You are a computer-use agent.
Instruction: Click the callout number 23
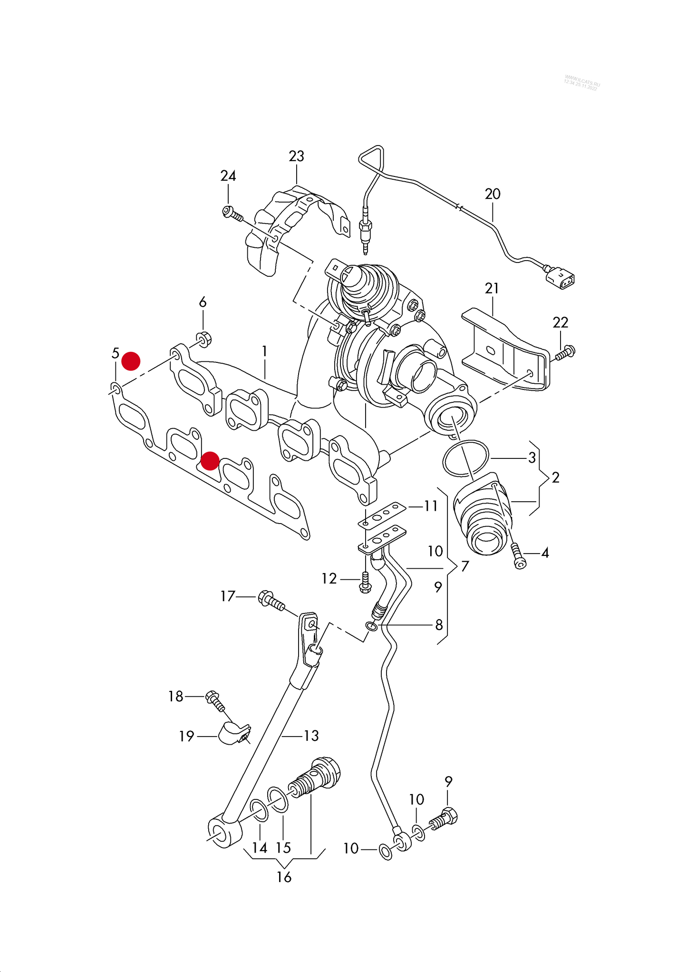click(296, 156)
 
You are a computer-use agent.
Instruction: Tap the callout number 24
click(228, 176)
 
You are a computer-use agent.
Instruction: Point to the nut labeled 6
click(204, 339)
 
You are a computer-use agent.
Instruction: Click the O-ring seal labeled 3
click(465, 458)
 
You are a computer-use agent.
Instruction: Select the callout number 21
click(492, 288)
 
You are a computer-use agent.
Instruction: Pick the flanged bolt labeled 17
click(271, 601)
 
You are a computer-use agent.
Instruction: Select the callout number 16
click(284, 877)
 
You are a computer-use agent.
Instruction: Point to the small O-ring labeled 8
click(372, 626)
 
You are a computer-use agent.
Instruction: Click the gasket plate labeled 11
click(382, 514)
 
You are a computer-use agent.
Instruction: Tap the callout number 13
click(311, 736)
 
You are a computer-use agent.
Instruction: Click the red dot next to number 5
click(131, 361)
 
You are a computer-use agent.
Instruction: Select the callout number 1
click(264, 351)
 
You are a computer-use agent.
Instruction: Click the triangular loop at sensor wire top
click(372, 158)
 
